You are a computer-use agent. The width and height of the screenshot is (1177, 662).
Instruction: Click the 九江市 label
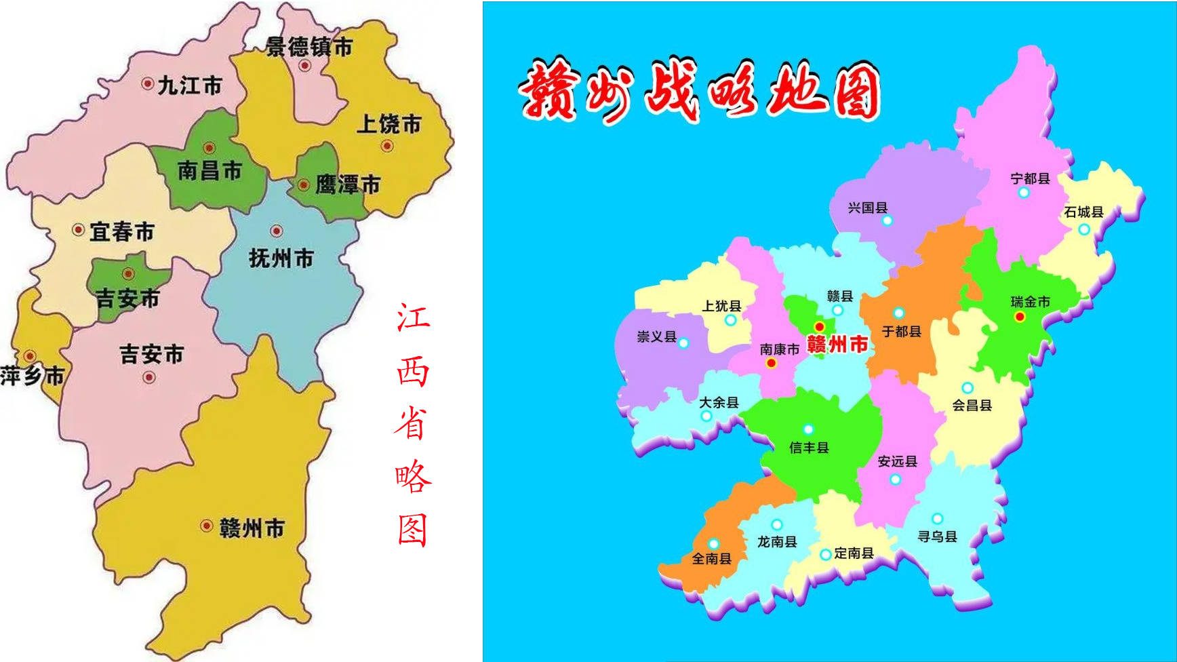point(190,85)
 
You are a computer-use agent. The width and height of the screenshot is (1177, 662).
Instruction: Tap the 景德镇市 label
point(308,46)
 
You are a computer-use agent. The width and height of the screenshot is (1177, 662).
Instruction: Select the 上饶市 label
point(389,123)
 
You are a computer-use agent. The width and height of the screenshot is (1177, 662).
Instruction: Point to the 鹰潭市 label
point(347,184)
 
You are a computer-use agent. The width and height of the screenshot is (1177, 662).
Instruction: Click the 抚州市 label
point(281,258)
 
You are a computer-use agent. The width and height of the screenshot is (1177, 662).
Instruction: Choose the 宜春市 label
point(122,231)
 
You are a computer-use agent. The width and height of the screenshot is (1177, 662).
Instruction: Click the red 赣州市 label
point(837,344)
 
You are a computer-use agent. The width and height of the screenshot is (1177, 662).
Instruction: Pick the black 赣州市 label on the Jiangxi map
point(252,528)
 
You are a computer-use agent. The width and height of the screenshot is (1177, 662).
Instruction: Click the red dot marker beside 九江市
point(147,83)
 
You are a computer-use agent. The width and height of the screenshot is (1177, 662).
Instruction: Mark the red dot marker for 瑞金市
point(1019,317)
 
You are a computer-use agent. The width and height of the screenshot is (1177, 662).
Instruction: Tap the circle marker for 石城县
point(1083,229)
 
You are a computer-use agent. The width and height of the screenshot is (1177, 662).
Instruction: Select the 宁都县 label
point(1030,178)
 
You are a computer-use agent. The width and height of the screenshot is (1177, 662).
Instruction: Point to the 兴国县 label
point(867,208)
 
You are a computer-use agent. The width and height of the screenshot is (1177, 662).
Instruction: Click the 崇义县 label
point(656,336)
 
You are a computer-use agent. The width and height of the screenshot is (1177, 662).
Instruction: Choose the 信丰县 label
point(809,448)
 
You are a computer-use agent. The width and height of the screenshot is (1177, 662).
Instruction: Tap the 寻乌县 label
point(937,537)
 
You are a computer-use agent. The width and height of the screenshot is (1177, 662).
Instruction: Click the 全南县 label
point(711,558)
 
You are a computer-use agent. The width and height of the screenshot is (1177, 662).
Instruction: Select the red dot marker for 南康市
point(771,364)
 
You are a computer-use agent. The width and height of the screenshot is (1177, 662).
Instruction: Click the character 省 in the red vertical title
point(412,424)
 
